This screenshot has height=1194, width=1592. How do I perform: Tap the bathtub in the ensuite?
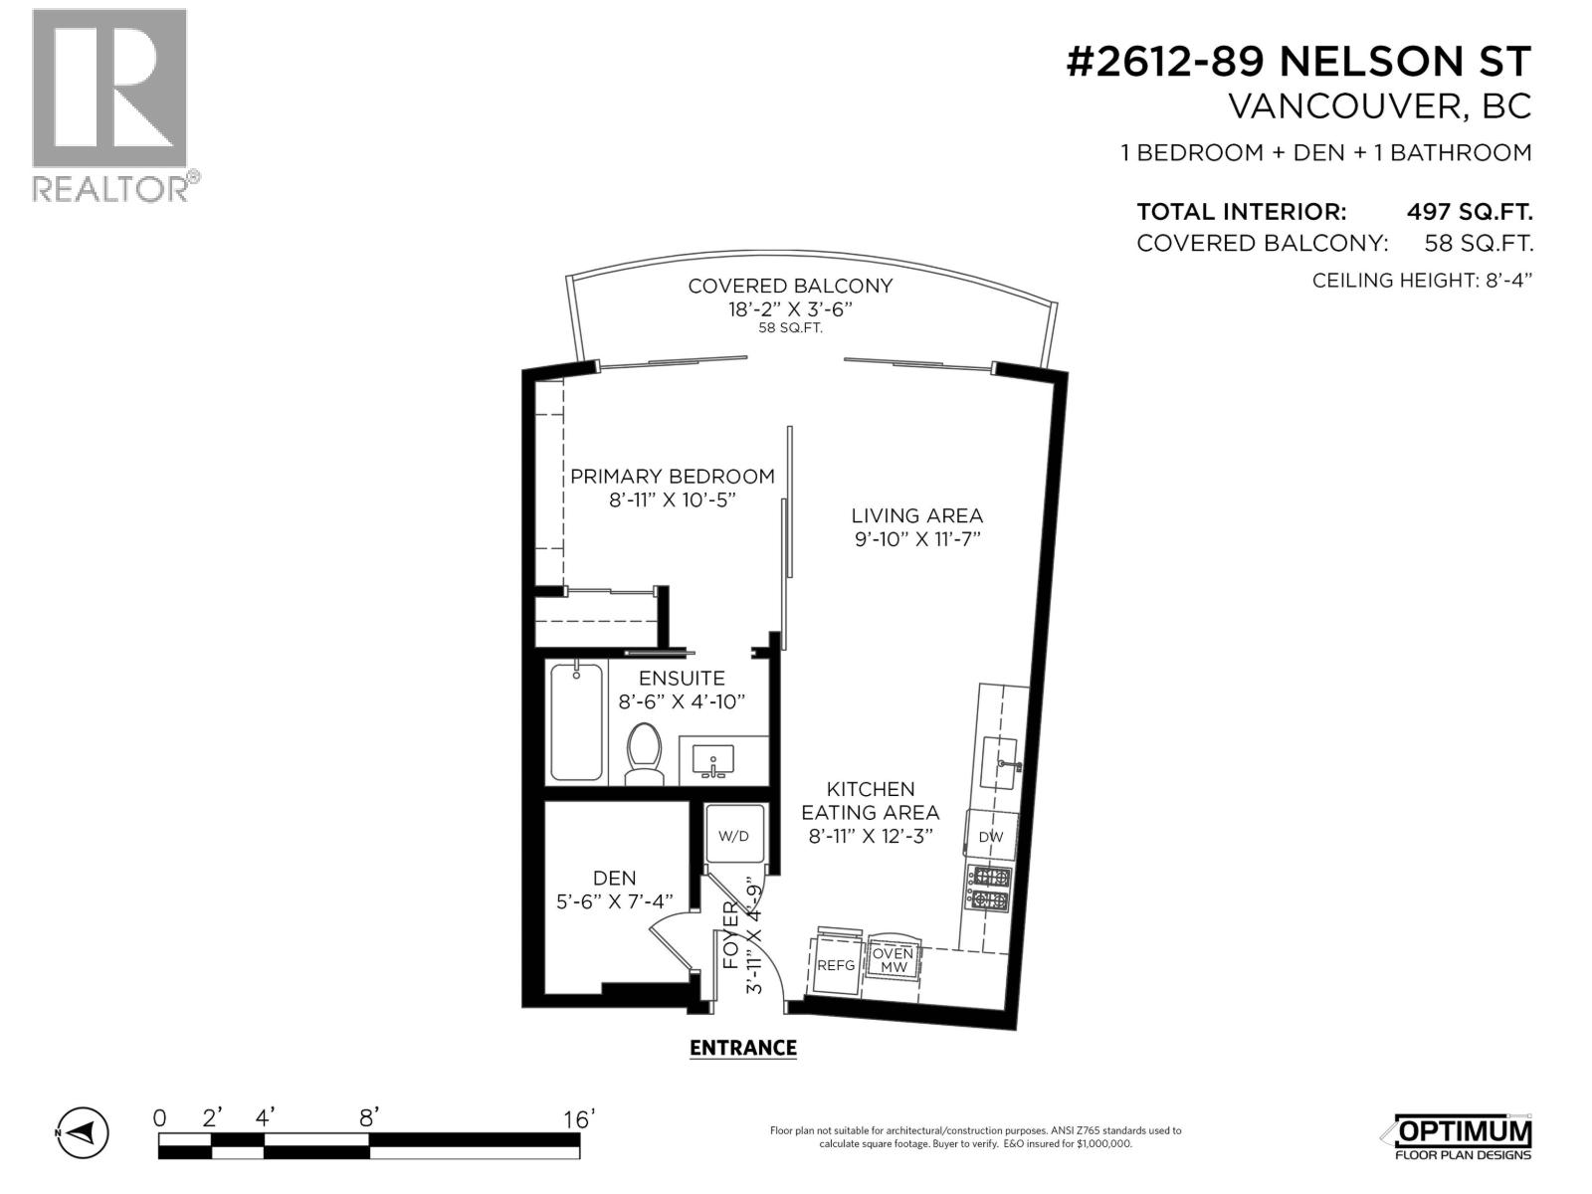pyautogui.click(x=576, y=721)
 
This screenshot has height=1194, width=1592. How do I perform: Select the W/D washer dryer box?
pyautogui.click(x=733, y=836)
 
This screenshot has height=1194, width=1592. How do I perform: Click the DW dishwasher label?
pyautogui.click(x=991, y=837)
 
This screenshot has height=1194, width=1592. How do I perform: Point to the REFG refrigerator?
pyautogui.click(x=836, y=964)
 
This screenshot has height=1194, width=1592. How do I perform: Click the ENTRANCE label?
pyautogui.click(x=742, y=1048)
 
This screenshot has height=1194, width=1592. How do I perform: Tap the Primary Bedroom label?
pyautogui.click(x=672, y=477)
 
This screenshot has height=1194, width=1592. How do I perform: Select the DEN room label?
pyautogui.click(x=614, y=878)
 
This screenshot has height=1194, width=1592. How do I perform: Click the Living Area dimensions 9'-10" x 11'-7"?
pyautogui.click(x=917, y=539)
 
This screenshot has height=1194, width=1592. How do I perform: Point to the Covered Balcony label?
pyautogui.click(x=790, y=286)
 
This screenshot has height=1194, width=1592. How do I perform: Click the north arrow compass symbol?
pyautogui.click(x=82, y=1132)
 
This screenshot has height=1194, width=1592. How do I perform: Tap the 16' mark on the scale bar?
pyautogui.click(x=578, y=1119)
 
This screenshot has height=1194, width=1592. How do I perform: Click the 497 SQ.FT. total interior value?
pyautogui.click(x=1469, y=212)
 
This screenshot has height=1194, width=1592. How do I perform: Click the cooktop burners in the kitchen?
pyautogui.click(x=990, y=889)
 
